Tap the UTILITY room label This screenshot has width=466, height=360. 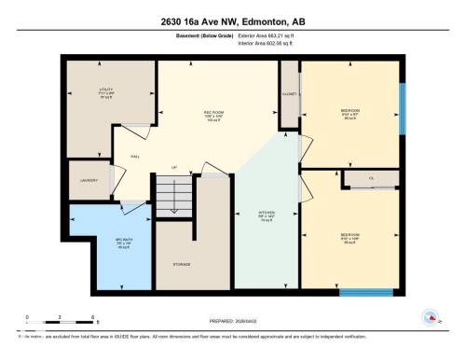(x=105, y=91)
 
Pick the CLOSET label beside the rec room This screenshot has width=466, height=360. (x=289, y=92)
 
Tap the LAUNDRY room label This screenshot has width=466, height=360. (x=89, y=182)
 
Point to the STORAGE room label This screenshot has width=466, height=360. (x=181, y=264)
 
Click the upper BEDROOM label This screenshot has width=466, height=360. (x=350, y=111)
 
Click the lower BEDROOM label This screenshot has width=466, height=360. (x=350, y=235)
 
